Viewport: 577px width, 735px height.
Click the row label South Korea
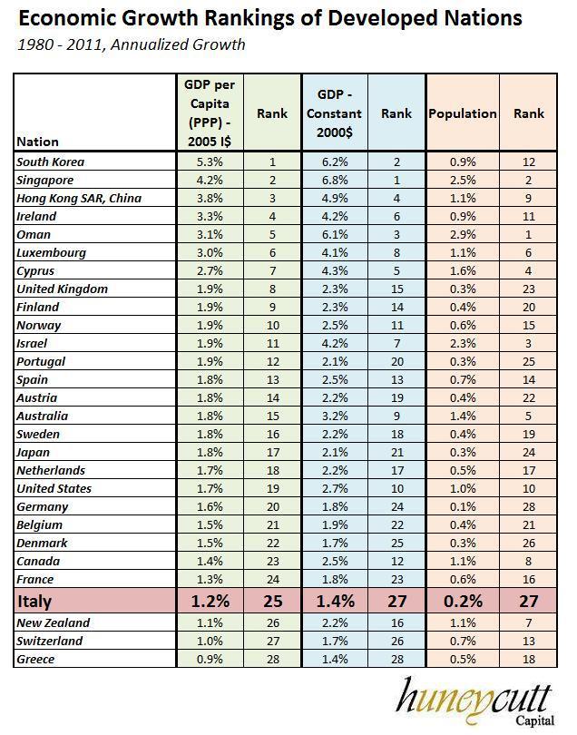point(51,162)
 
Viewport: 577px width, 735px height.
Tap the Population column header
point(463,113)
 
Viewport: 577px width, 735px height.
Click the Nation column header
point(38,142)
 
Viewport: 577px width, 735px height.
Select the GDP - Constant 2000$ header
point(339,113)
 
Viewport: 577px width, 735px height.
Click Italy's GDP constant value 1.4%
point(339,601)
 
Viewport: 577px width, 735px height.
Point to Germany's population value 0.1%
point(463,507)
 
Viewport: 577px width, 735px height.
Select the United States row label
point(54,489)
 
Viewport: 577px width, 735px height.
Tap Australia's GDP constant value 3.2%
point(339,416)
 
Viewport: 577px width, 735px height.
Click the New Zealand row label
point(53,623)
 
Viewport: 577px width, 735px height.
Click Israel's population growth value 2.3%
point(463,344)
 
